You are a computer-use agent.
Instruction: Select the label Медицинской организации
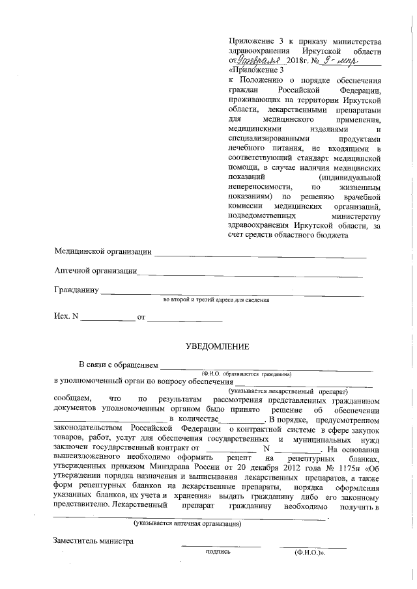click(x=103, y=251)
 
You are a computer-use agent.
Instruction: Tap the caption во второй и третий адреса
click(x=216, y=300)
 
